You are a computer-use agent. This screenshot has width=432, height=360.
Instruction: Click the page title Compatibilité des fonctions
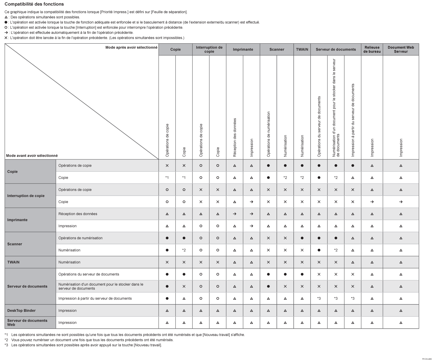click(34, 4)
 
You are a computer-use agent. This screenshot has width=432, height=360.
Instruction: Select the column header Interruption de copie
click(209, 49)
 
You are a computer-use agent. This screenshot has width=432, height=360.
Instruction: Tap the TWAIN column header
click(302, 49)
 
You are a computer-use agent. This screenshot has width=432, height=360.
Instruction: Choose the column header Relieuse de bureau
click(372, 49)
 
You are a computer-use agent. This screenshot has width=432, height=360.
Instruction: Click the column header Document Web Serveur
click(401, 49)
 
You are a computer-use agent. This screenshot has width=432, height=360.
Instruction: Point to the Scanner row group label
click(15, 244)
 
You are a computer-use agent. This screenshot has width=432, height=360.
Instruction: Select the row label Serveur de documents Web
click(27, 322)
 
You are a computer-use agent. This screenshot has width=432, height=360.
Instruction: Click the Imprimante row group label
click(17, 220)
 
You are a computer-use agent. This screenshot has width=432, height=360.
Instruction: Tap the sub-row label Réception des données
click(78, 214)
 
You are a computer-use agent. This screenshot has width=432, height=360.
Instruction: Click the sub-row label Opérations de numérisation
click(80, 238)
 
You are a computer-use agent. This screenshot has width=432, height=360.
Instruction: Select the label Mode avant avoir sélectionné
click(32, 156)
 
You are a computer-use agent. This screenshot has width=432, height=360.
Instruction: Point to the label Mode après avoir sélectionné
click(131, 47)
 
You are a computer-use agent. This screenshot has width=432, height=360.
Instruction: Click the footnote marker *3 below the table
click(6, 345)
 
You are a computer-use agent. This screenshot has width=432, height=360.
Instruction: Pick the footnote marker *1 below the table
click(6, 335)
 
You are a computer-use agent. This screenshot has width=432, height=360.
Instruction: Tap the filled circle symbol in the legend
click(6, 22)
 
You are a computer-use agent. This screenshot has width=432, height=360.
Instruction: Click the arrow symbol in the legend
click(6, 33)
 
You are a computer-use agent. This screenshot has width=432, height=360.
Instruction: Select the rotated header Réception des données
click(235, 137)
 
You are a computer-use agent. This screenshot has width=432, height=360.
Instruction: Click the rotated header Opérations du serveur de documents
click(319, 127)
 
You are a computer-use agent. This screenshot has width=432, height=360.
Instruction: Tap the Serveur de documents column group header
click(336, 49)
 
